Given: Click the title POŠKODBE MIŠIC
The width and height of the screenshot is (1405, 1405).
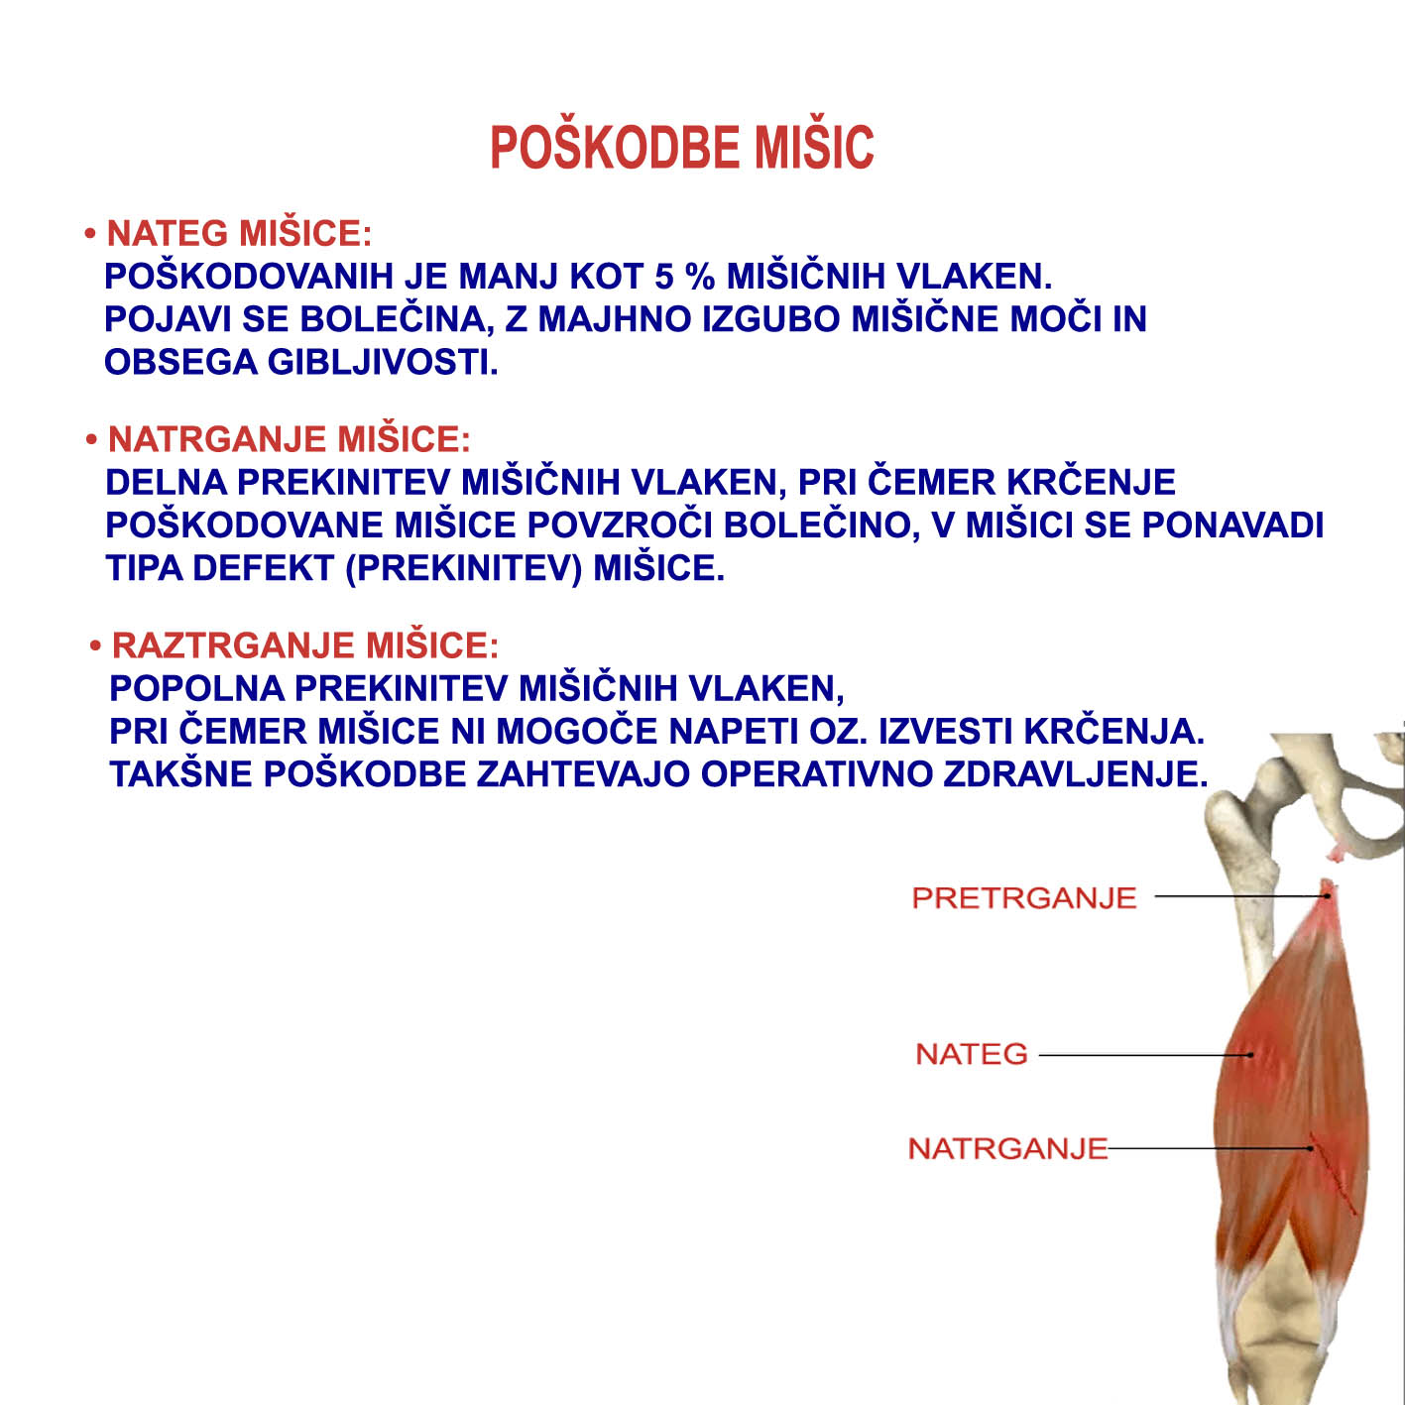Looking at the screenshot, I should click(x=682, y=148).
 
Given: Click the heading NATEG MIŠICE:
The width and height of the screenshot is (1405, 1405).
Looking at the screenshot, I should click(x=238, y=234).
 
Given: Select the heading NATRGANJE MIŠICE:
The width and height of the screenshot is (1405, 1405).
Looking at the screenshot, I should click(x=289, y=439).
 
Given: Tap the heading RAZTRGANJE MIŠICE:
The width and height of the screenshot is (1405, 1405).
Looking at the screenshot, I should click(x=304, y=645).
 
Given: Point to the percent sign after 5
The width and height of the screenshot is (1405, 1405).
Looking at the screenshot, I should click(x=699, y=277).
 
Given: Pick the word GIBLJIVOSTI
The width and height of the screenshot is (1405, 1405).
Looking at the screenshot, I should click(x=383, y=363).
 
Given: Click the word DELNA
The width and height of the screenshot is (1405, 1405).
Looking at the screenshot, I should click(x=166, y=483).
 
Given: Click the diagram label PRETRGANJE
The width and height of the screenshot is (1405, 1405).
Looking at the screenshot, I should click(x=1023, y=898).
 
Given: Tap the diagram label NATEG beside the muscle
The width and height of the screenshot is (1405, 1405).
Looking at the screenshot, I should click(x=971, y=1054).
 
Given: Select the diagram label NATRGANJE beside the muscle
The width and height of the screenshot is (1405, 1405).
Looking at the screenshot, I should click(x=1007, y=1149).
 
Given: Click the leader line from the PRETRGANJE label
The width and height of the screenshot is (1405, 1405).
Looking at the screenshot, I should click(x=1239, y=896).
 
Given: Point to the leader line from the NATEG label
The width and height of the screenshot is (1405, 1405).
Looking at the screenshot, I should click(x=1140, y=1055).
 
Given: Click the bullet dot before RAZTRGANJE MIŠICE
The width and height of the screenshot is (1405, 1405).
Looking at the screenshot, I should click(x=95, y=646).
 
